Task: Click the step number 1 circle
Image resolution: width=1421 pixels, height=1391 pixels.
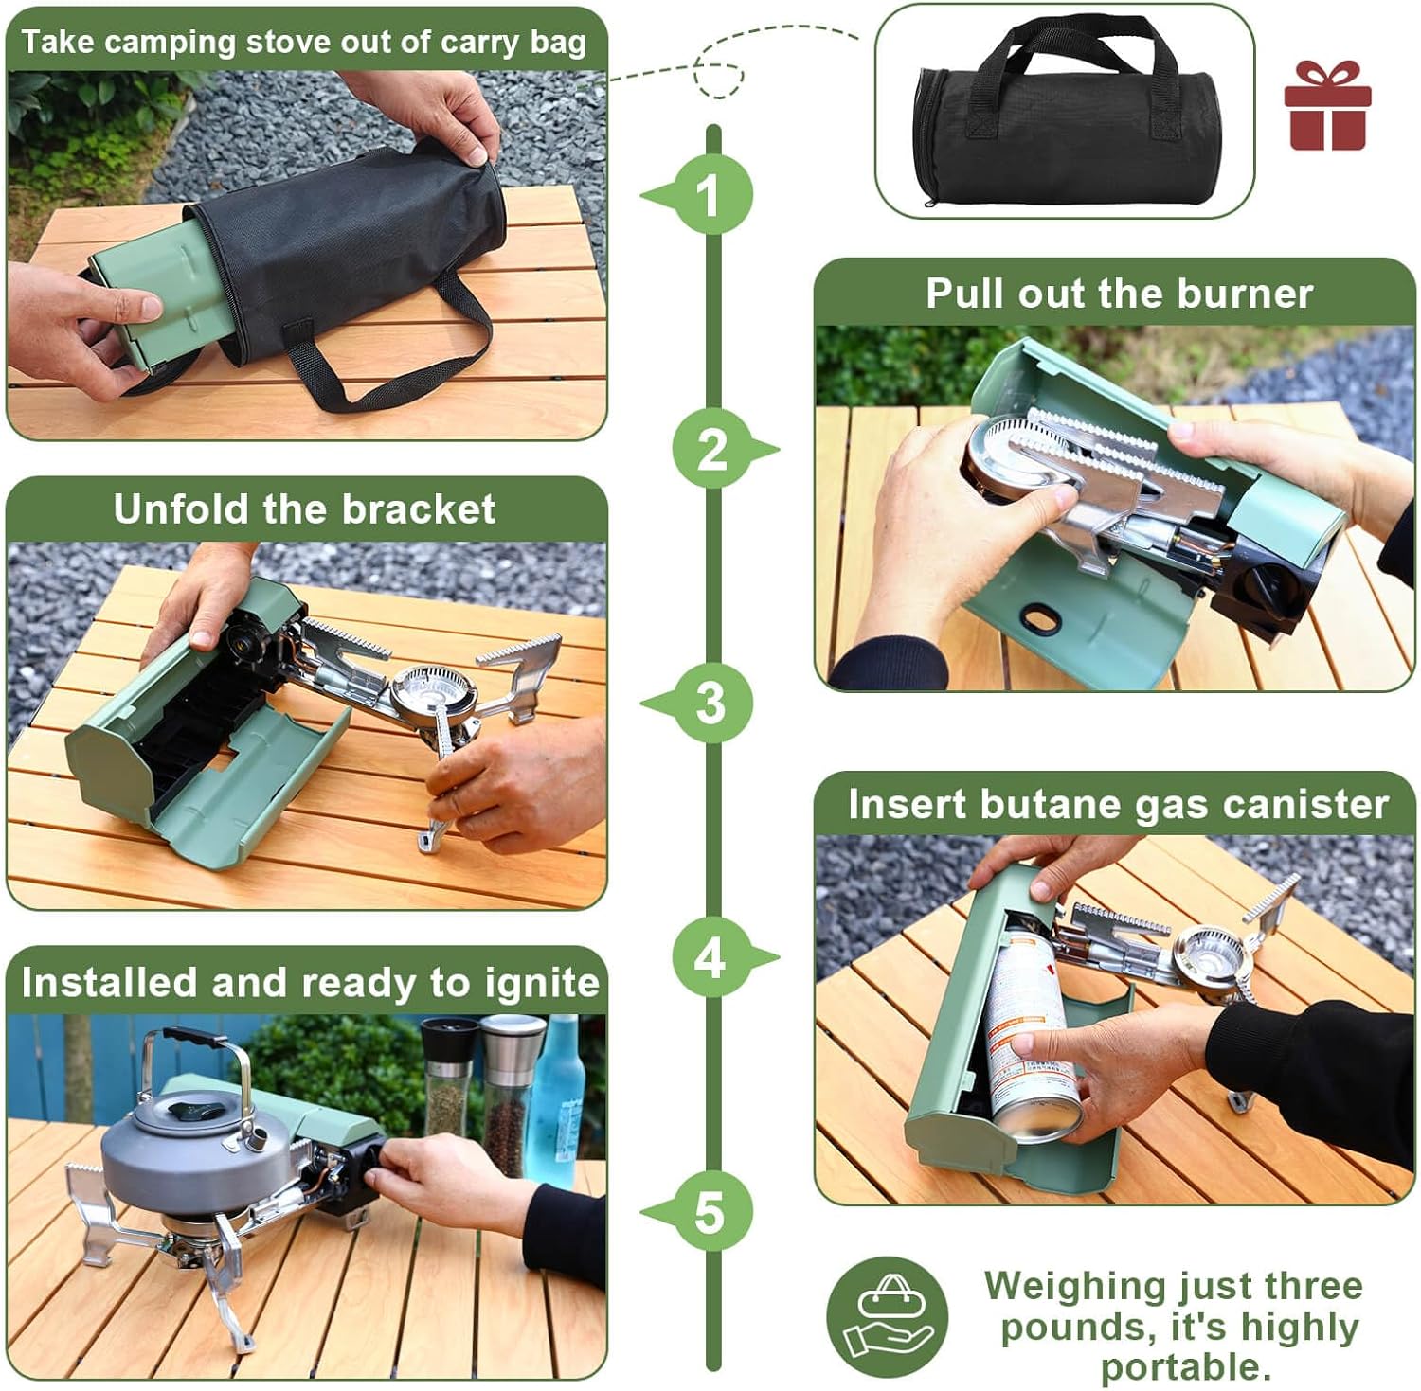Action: [x=711, y=195]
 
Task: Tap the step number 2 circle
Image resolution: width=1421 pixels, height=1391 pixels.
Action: [x=711, y=449]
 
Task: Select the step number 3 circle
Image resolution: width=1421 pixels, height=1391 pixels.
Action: [x=711, y=704]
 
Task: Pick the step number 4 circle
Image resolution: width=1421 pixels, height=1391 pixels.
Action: [x=711, y=957]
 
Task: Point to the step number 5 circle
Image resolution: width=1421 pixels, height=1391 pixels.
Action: [x=711, y=1212]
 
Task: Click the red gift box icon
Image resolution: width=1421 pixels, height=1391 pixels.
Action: [x=1327, y=105]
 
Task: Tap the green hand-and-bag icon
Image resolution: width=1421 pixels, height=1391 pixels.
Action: [x=887, y=1316]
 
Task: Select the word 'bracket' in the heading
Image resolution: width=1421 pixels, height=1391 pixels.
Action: [x=418, y=509]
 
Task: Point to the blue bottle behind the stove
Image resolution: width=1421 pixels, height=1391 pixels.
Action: [x=556, y=1098]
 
